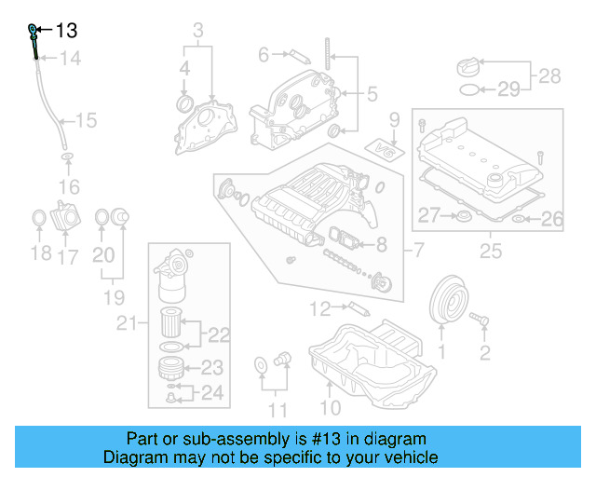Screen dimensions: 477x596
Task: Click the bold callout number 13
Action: pos(66,31)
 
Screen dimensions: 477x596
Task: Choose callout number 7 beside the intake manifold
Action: pos(418,249)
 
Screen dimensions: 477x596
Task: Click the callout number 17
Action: pos(68,256)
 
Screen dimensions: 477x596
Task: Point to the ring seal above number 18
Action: pos(38,219)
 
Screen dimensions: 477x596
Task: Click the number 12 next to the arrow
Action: pos(320,307)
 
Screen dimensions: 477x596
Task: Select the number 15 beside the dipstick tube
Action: pos(86,120)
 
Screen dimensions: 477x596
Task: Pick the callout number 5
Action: pos(372,94)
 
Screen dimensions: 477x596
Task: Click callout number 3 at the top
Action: pos(198,33)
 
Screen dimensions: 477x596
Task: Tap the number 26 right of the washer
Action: pos(552,220)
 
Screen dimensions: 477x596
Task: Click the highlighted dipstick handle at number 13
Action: pos(34,32)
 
